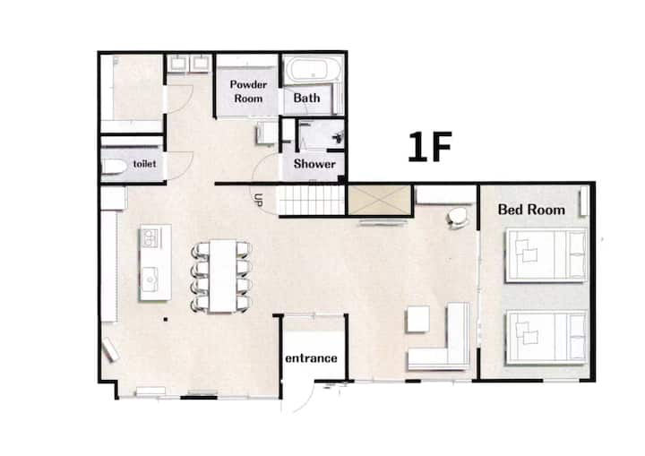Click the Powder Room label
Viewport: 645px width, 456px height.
(x=248, y=91)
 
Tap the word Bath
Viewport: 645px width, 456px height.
(x=307, y=98)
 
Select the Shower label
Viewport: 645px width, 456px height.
(x=314, y=164)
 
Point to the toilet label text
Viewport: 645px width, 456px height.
(x=145, y=164)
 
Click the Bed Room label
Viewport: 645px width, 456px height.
(x=531, y=210)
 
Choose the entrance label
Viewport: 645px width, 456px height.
(x=312, y=358)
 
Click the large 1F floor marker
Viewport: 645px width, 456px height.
(x=430, y=147)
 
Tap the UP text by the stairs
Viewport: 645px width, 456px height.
(x=258, y=200)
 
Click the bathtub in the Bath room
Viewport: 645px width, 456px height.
(x=313, y=70)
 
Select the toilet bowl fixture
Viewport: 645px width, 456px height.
(x=114, y=168)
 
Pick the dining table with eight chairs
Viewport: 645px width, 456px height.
(x=222, y=276)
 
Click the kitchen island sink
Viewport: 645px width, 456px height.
(x=150, y=277)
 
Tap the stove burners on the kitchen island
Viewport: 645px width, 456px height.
(x=150, y=238)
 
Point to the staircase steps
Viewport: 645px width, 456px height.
(x=312, y=200)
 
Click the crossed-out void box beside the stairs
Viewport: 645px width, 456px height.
(x=379, y=200)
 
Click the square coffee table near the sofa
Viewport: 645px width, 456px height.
(x=418, y=319)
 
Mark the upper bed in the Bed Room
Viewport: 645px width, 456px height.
(x=546, y=255)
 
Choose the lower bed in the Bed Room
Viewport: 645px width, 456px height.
(x=546, y=337)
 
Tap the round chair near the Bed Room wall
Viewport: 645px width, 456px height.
(x=457, y=218)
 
